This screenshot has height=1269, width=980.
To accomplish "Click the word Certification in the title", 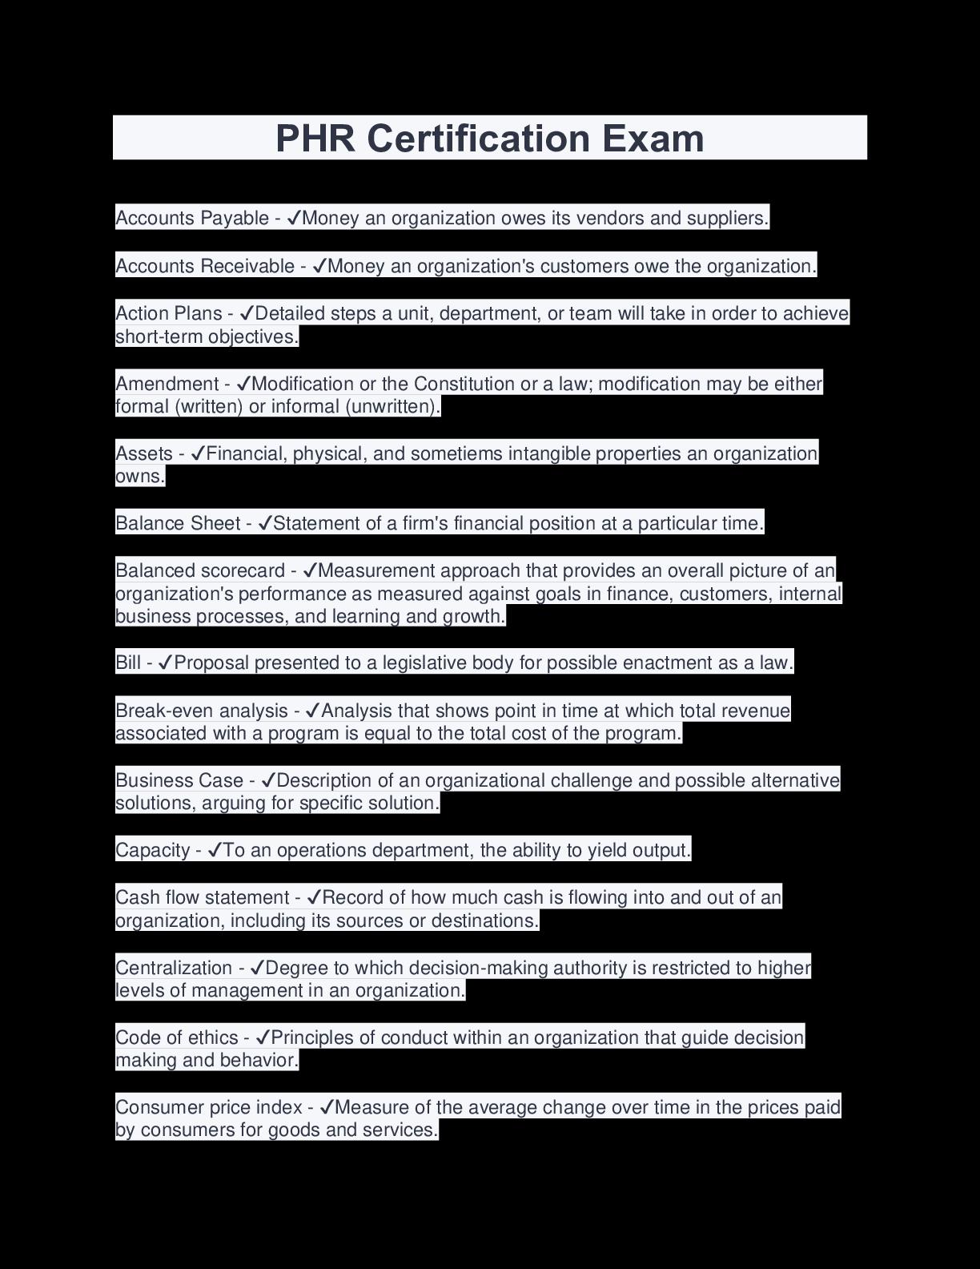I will coord(479,138).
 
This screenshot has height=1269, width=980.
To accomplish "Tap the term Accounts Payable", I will coord(192,218).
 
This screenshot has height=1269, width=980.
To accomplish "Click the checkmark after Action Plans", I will coord(247,313).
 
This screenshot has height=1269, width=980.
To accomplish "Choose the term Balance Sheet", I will coord(178,523).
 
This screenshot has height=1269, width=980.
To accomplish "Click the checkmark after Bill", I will coord(166,663).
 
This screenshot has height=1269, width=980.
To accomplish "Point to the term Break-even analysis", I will coord(202,711).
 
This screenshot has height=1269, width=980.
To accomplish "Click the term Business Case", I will coord(179,780).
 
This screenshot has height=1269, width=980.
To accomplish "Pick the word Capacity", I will coord(153,850).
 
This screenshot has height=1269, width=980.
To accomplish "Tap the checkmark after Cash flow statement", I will coord(314,897).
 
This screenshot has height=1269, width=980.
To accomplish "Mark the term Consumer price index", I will coord(209,1107).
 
